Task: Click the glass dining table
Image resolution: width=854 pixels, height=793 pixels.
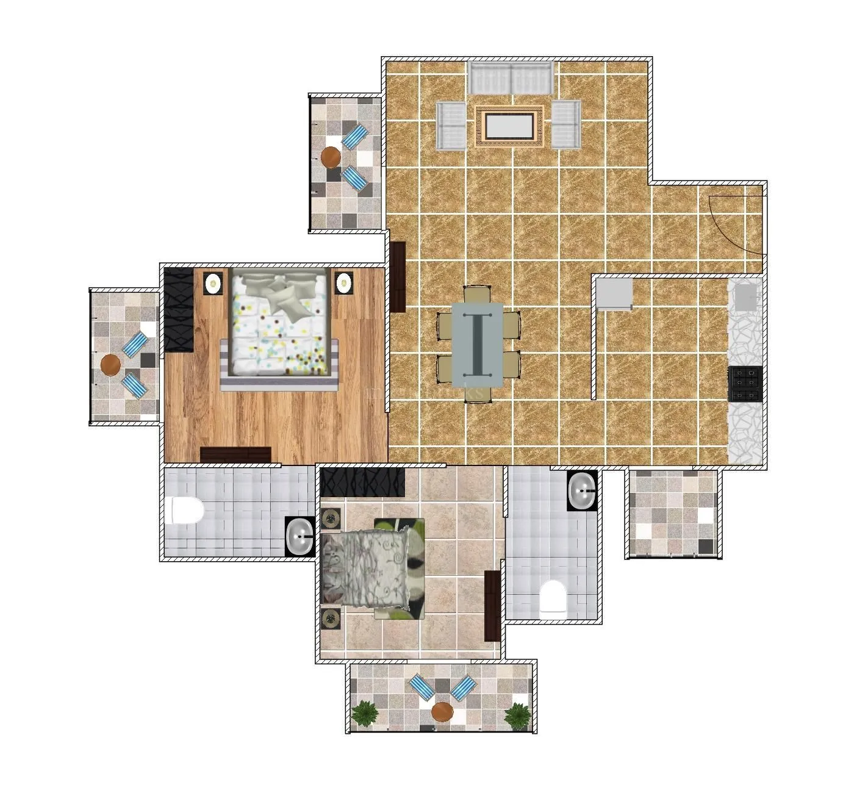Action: click(x=478, y=344)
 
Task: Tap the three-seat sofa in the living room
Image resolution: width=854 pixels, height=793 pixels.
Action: click(x=511, y=77)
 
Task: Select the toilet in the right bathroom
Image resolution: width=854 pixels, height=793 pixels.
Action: click(x=553, y=597)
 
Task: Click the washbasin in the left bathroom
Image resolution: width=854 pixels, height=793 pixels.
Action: click(x=300, y=536)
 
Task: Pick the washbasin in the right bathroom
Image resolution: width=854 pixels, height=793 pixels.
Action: click(x=582, y=490)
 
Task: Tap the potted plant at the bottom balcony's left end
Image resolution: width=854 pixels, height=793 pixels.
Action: click(x=365, y=713)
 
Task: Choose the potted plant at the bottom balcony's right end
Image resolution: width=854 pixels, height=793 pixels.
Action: click(x=517, y=715)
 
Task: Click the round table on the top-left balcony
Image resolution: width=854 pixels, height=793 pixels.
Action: click(x=331, y=157)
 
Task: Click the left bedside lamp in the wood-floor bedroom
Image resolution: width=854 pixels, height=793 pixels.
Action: click(x=213, y=283)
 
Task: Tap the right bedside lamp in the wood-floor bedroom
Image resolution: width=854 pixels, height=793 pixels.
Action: click(x=344, y=282)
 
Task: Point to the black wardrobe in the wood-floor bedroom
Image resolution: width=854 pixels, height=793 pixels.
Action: click(x=179, y=310)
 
